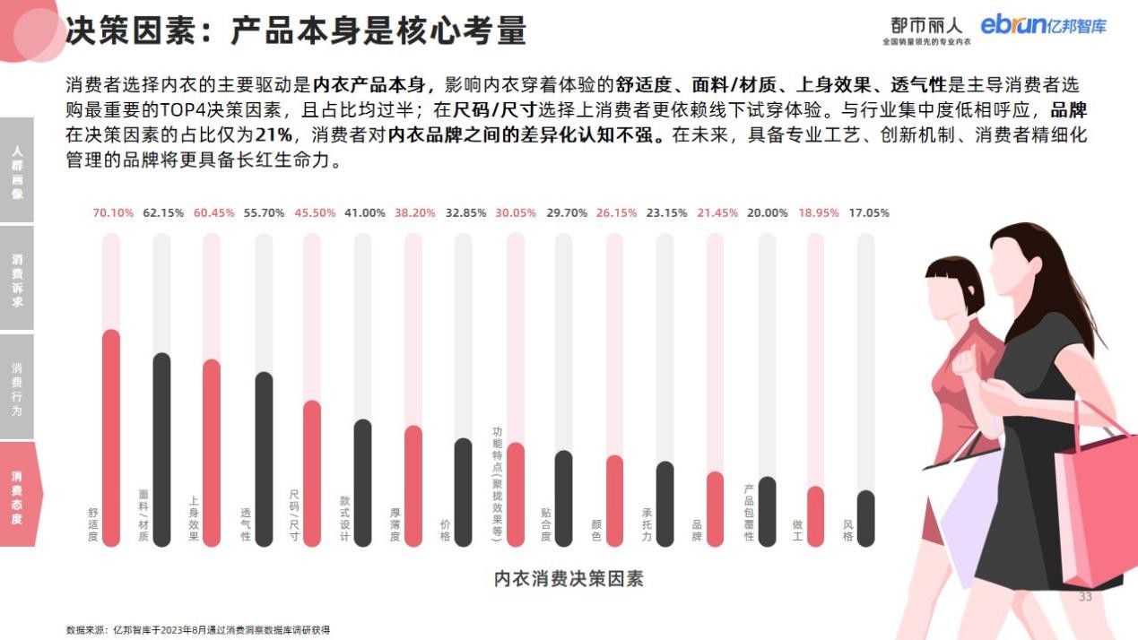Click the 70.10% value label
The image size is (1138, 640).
pyautogui.click(x=113, y=213)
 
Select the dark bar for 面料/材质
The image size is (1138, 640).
pyautogui.click(x=161, y=448)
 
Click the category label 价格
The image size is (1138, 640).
pyautogui.click(x=445, y=530)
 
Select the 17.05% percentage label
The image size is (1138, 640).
pyautogui.click(x=869, y=213)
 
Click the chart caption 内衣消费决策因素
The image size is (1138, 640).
pyautogui.click(x=569, y=578)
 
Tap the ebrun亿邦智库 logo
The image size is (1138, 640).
pyautogui.click(x=1043, y=25)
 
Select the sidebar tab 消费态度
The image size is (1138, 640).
pyautogui.click(x=17, y=494)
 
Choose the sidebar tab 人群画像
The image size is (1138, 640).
pyautogui.click(x=17, y=170)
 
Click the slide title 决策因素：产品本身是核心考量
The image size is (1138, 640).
pyautogui.click(x=296, y=30)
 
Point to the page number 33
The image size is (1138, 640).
pyautogui.click(x=1085, y=597)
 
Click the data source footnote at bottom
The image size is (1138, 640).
pyautogui.click(x=198, y=630)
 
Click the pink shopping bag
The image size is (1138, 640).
pyautogui.click(x=1095, y=510)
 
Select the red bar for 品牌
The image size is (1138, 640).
pyautogui.click(x=715, y=508)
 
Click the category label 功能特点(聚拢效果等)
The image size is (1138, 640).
pyautogui.click(x=496, y=480)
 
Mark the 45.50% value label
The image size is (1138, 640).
pyautogui.click(x=315, y=213)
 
